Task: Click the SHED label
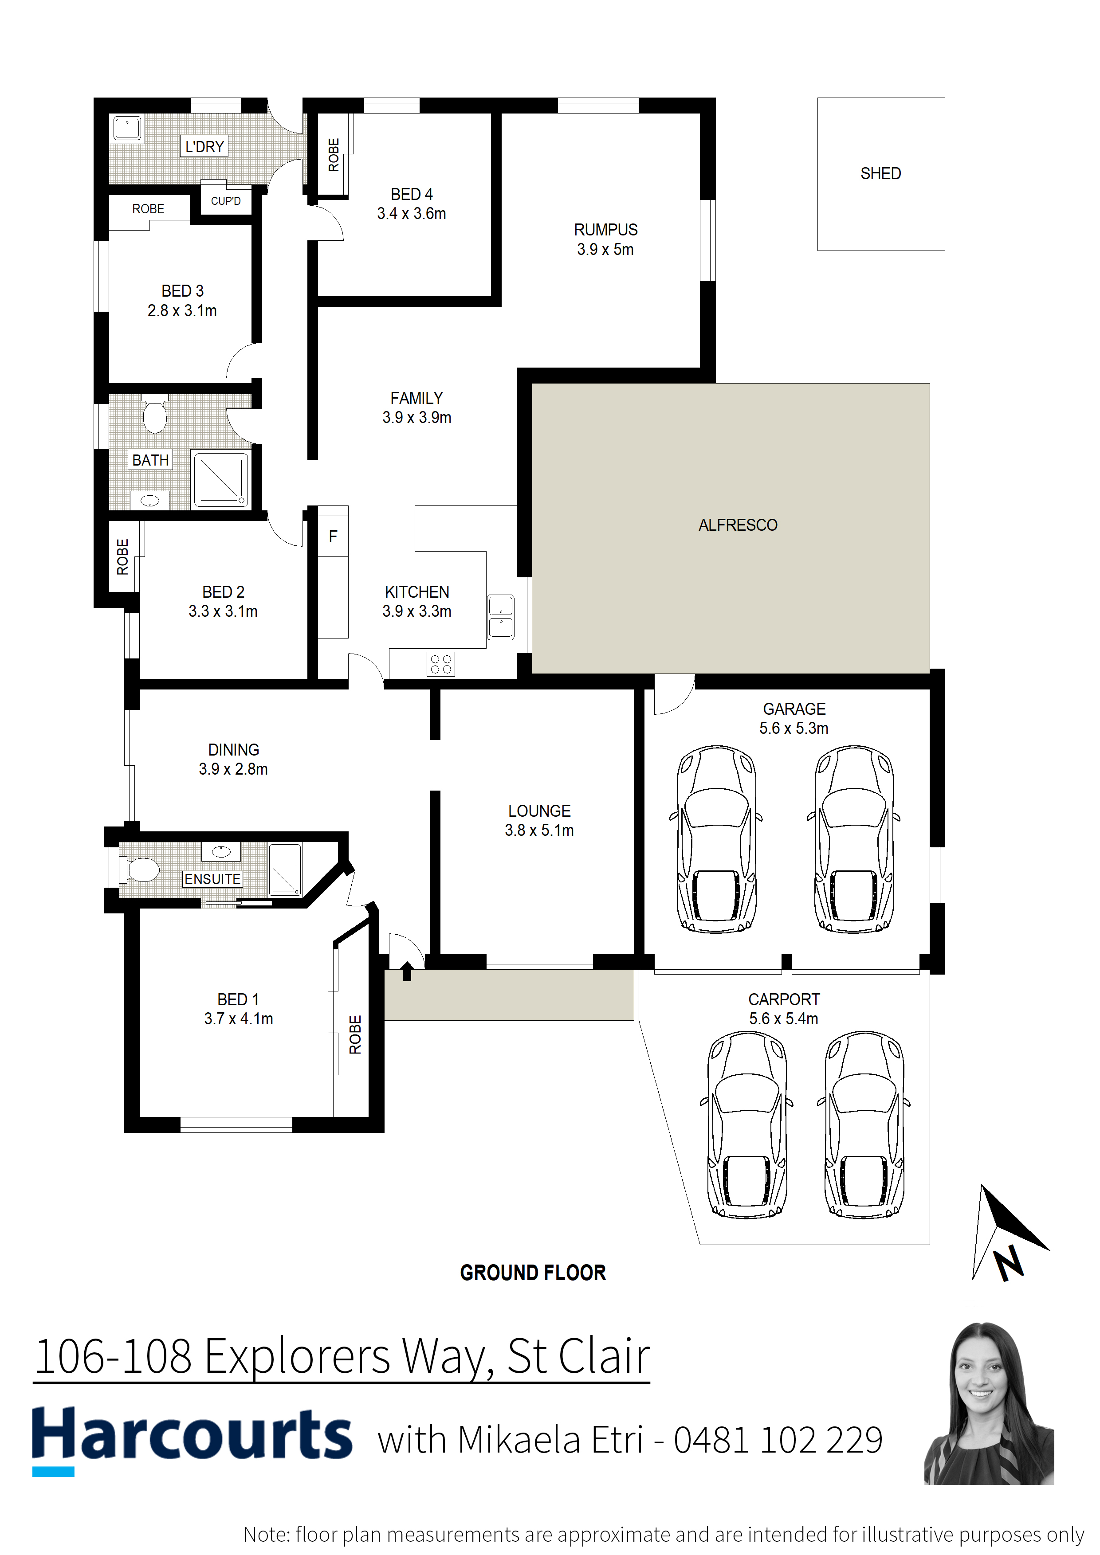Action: [880, 173]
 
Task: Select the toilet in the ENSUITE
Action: [140, 870]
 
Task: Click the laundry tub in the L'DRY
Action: [127, 129]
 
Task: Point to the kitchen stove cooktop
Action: [441, 664]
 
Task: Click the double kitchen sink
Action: [501, 617]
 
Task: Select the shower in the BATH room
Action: [221, 479]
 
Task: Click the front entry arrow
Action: [407, 971]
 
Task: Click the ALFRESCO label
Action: [738, 525]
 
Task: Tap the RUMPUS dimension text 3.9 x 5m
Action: [605, 249]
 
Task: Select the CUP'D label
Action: [226, 201]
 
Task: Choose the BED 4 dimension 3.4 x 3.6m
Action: [412, 213]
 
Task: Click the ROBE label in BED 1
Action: [355, 1034]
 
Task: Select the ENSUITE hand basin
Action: [221, 851]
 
